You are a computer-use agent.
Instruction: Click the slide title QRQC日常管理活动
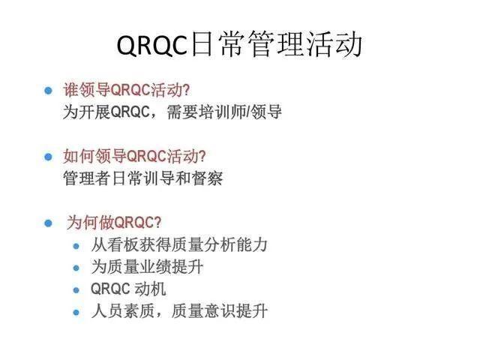click(240, 45)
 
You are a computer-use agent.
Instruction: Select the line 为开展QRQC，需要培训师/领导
click(172, 112)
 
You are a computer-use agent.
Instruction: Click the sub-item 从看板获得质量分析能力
click(179, 244)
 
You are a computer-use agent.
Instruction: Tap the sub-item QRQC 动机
click(128, 288)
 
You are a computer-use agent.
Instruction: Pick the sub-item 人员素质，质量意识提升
click(179, 310)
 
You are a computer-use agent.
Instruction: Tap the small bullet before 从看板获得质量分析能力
click(76, 245)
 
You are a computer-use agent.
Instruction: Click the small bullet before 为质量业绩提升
click(76, 267)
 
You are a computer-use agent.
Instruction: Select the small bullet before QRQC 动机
click(76, 289)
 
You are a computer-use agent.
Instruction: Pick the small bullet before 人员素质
click(76, 310)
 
